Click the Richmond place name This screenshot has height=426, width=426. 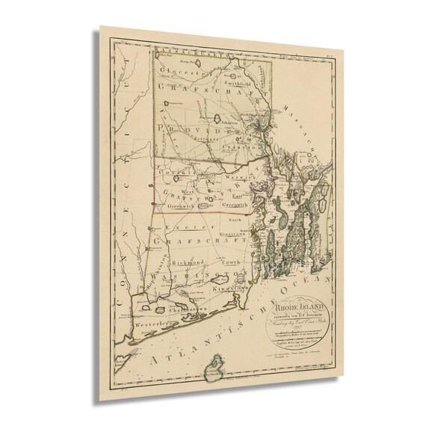188,264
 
